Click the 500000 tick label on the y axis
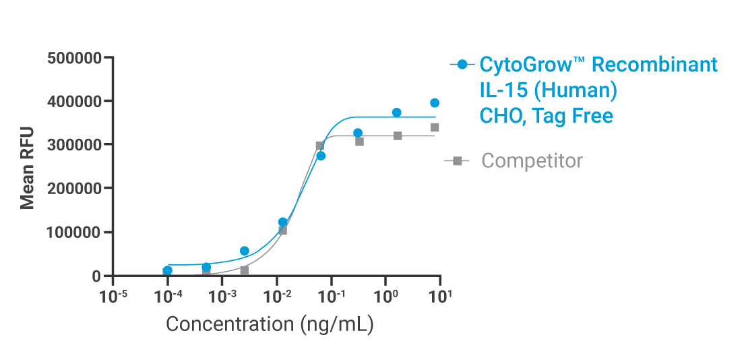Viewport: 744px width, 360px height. coord(74,58)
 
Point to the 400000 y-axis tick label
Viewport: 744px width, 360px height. coord(74,101)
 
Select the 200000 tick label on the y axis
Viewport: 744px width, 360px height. coord(74,188)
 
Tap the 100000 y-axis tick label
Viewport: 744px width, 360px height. coord(74,232)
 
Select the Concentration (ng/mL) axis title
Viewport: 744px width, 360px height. coord(270,324)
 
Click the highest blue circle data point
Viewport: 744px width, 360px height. coord(435,103)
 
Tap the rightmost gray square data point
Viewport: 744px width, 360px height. coord(435,127)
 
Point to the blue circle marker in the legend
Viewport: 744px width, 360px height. coord(462,65)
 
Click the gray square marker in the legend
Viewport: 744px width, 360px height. coord(457,160)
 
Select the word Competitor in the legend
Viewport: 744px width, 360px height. coord(532,161)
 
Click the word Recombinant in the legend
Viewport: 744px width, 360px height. coord(655,65)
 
